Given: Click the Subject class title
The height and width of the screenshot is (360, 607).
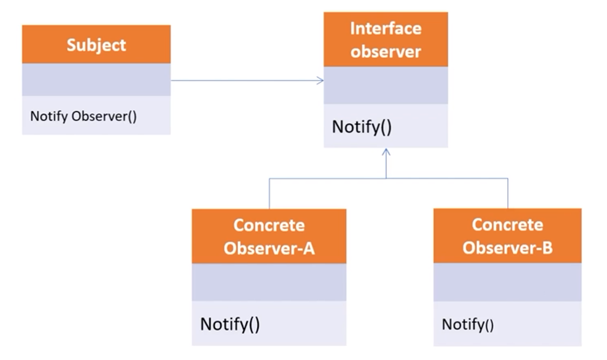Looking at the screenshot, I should (96, 45).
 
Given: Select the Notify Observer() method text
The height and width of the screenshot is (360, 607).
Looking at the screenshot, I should (83, 116).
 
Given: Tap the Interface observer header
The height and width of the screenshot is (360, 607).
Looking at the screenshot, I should (385, 39).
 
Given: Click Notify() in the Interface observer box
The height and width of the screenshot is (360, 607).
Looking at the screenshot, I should (361, 127).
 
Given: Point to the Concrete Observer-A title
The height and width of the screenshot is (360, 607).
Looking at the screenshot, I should (269, 236).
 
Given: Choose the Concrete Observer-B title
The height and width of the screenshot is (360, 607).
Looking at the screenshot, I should (507, 236).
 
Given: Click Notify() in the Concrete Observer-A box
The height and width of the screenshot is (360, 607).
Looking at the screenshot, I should (230, 324).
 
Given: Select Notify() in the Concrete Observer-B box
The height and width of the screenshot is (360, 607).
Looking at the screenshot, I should (467, 324).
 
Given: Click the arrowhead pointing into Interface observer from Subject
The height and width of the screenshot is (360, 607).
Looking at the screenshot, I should (320, 80).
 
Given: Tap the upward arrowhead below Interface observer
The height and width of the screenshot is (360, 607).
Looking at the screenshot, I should (386, 151).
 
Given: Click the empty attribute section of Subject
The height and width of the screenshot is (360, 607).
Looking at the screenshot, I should (96, 79).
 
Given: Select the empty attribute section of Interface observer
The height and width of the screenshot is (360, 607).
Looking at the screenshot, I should (385, 85).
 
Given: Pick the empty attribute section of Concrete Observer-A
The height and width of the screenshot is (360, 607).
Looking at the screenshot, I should (269, 282).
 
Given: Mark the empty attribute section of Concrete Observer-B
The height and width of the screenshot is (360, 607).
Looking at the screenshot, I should (507, 282).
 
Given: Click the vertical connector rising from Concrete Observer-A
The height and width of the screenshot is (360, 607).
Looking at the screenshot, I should (269, 193).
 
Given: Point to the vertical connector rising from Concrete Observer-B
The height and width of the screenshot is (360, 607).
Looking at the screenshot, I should (508, 193).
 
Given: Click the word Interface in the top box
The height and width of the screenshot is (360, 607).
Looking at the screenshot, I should (385, 29).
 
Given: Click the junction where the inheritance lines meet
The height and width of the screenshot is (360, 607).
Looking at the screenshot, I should (386, 178).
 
